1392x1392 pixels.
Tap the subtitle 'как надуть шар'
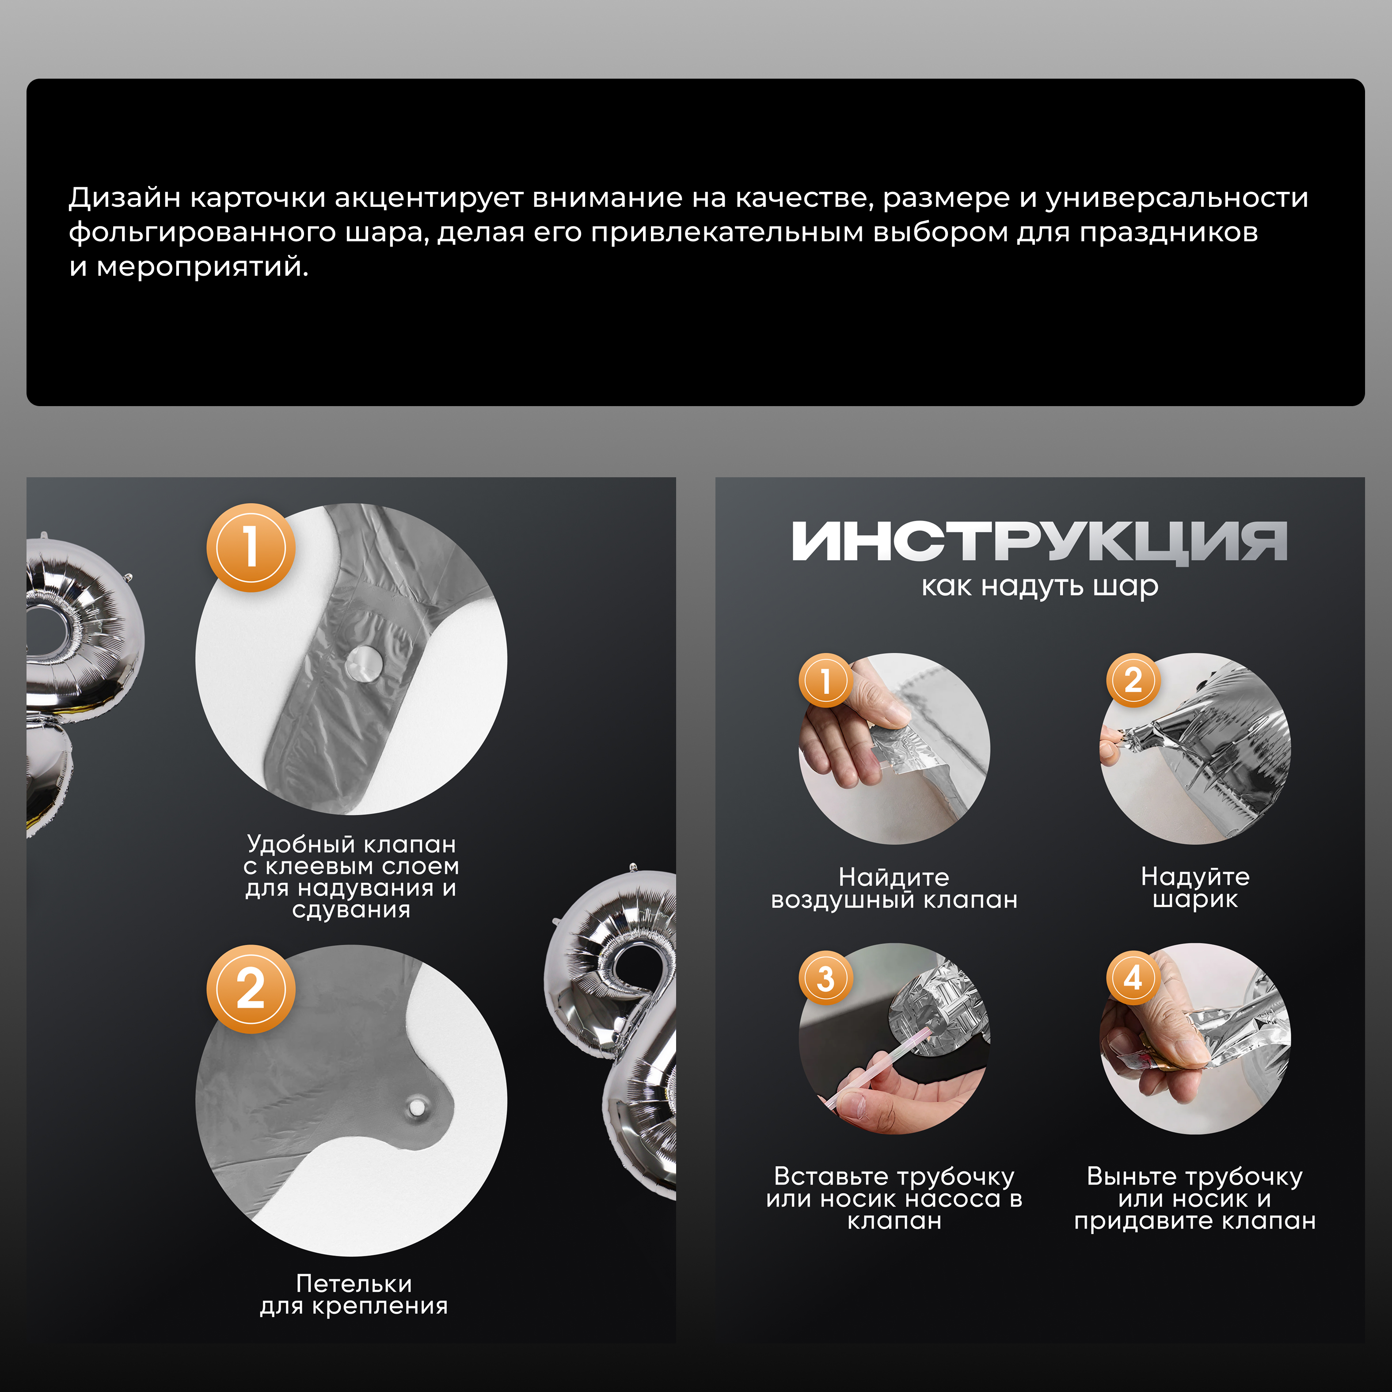click(x=1040, y=586)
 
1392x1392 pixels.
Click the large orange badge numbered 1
click(x=251, y=547)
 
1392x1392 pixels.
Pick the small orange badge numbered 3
click(x=825, y=978)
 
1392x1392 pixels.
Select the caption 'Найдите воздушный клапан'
click(x=894, y=888)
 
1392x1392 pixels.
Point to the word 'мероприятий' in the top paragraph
click(x=202, y=267)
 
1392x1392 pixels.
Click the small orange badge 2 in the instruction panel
click(x=1133, y=680)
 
